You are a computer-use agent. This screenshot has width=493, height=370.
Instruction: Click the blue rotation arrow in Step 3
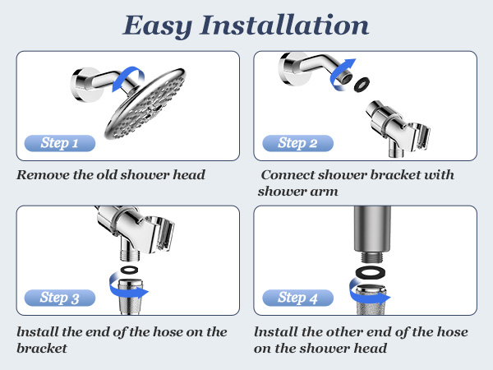[127, 289]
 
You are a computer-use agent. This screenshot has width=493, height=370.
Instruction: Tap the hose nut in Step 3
[128, 308]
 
